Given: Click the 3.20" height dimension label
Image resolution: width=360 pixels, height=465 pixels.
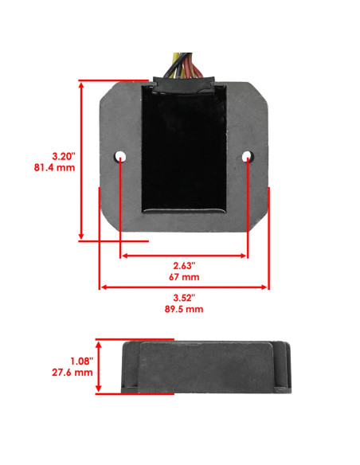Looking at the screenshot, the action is (x=64, y=156).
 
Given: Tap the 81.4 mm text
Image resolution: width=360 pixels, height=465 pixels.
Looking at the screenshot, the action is (x=55, y=167).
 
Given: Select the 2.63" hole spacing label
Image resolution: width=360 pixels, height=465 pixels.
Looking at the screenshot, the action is (x=184, y=266).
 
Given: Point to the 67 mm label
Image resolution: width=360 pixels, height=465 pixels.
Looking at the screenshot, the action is (x=184, y=277).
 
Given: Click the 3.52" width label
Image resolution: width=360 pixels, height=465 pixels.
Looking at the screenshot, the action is (x=184, y=298).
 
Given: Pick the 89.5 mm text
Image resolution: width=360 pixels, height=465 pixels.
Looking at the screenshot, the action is (x=184, y=309).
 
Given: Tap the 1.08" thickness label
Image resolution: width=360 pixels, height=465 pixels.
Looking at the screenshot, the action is (x=81, y=361).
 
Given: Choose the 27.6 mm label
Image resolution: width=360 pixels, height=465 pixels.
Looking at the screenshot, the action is (x=72, y=373).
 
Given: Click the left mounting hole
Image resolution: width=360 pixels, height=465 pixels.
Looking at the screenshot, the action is (x=119, y=156).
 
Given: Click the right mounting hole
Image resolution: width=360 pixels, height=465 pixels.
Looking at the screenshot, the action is (x=248, y=156).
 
